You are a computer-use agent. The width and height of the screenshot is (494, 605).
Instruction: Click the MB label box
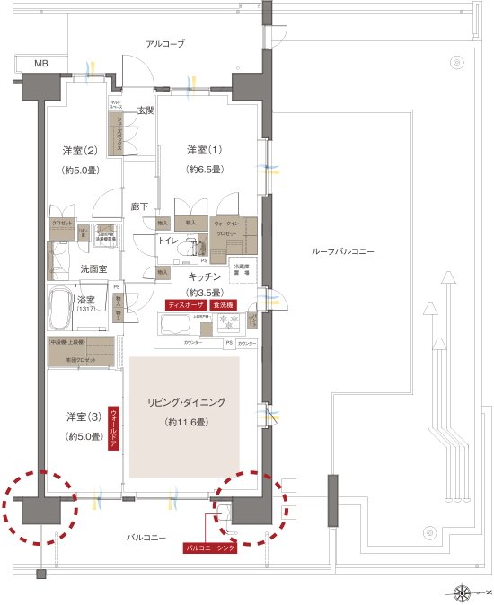pyautogui.click(x=42, y=65)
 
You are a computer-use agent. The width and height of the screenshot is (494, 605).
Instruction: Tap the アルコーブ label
pyautogui.click(x=165, y=43)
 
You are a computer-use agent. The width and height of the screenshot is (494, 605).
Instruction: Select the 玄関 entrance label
pyautogui.click(x=146, y=110)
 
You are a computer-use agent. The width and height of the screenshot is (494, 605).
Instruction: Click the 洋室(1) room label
pyautogui.click(x=205, y=148)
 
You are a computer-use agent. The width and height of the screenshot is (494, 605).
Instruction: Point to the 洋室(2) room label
pyautogui.click(x=80, y=149)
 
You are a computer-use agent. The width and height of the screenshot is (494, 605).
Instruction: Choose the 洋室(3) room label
pyautogui.click(x=83, y=416)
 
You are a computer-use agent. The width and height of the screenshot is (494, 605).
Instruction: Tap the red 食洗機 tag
pyautogui.click(x=225, y=304)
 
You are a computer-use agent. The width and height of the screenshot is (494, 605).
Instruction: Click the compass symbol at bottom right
pyautogui.click(x=463, y=592)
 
